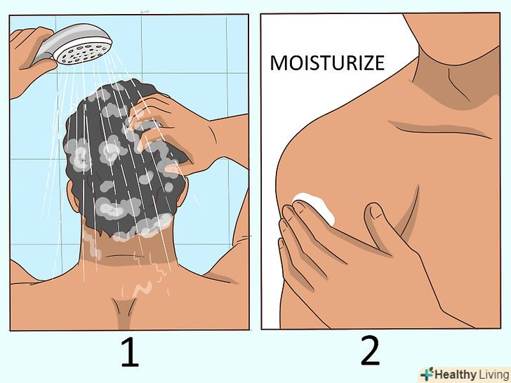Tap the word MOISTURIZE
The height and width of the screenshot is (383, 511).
327,63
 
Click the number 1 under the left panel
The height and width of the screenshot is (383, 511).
131,352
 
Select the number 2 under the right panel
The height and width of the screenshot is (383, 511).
370,351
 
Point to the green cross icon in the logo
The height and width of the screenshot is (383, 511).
427,374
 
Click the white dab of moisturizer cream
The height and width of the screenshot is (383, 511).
314,207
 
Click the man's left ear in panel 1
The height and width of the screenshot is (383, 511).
73,196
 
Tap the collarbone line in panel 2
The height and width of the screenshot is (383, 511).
440,129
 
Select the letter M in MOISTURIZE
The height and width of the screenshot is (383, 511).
278,63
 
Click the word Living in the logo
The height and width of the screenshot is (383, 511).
493,374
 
